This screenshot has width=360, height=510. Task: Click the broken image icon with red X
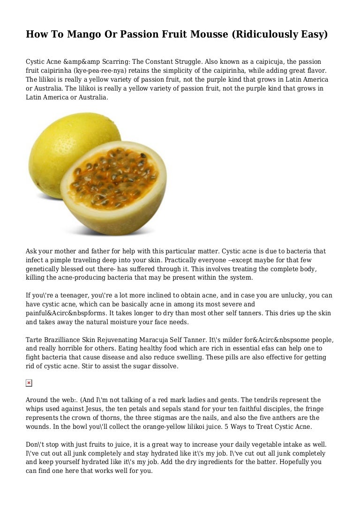tap(29, 383)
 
